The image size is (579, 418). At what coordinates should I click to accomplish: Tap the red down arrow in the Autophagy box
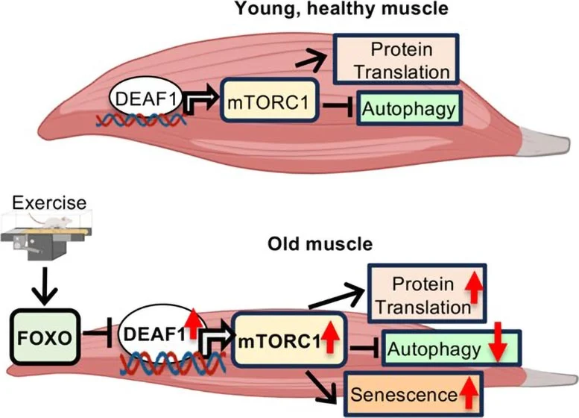tap(499, 347)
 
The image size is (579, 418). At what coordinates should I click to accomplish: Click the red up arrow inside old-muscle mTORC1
tap(330, 341)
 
